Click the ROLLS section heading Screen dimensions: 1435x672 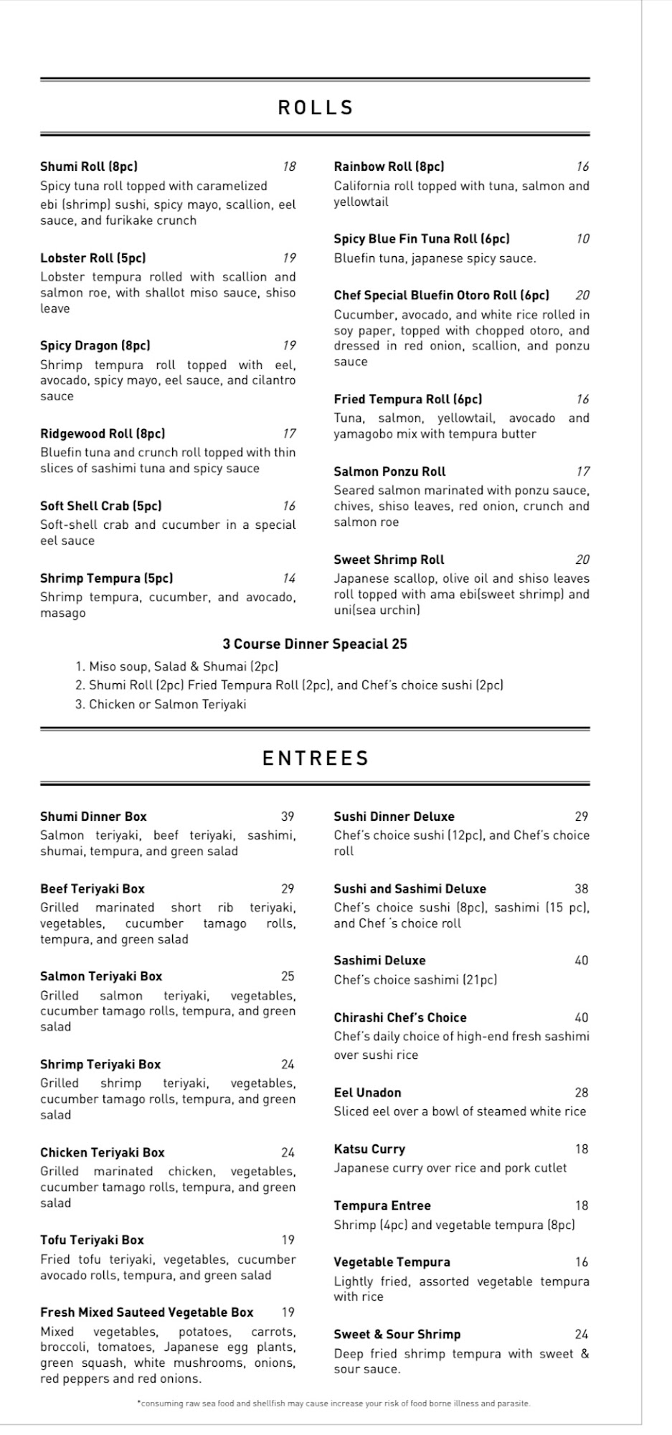pyautogui.click(x=316, y=108)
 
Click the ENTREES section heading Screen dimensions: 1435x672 pyautogui.click(x=316, y=758)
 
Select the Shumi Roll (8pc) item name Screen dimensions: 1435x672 pyautogui.click(x=89, y=166)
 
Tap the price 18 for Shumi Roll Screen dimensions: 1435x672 pyautogui.click(x=288, y=166)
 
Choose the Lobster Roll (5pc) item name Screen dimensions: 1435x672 pyautogui.click(x=93, y=258)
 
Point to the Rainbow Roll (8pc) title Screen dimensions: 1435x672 pyautogui.click(x=389, y=166)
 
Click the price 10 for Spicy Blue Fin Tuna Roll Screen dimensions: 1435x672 pyautogui.click(x=582, y=239)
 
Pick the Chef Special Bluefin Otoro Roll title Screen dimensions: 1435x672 pyautogui.click(x=441, y=295)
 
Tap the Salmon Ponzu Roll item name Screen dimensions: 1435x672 pyautogui.click(x=389, y=471)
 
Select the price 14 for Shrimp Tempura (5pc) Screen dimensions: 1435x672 pyautogui.click(x=288, y=578)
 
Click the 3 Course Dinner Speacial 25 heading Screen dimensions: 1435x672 pyautogui.click(x=315, y=644)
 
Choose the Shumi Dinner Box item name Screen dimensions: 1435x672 pyautogui.click(x=93, y=817)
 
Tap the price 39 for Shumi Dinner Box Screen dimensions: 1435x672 pyautogui.click(x=288, y=817)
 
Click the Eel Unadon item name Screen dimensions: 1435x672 pyautogui.click(x=367, y=1093)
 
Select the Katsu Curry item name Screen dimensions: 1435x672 pyautogui.click(x=369, y=1149)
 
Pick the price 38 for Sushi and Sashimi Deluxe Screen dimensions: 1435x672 pyautogui.click(x=581, y=889)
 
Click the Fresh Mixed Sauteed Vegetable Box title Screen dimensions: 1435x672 pyautogui.click(x=147, y=1312)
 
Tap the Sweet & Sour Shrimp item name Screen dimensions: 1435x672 pyautogui.click(x=397, y=1335)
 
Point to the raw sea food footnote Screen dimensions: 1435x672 pyautogui.click(x=333, y=1403)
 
